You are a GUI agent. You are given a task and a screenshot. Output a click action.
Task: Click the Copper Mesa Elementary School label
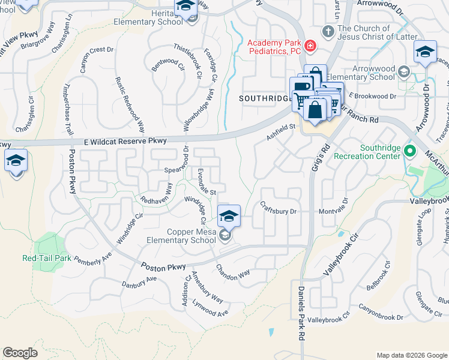click(181, 236)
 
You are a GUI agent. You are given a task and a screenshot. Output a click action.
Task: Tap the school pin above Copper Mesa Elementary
click(229, 216)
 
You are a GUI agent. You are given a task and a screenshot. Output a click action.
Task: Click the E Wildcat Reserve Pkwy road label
click(125, 140)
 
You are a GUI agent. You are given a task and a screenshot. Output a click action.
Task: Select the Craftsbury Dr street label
click(279, 212)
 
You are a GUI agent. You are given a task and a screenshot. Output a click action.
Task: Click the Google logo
click(20, 353)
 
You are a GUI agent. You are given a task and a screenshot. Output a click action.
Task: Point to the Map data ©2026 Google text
click(411, 355)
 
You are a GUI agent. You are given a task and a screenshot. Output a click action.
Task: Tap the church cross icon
click(328, 31)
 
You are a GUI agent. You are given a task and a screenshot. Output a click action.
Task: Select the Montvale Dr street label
click(334, 212)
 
